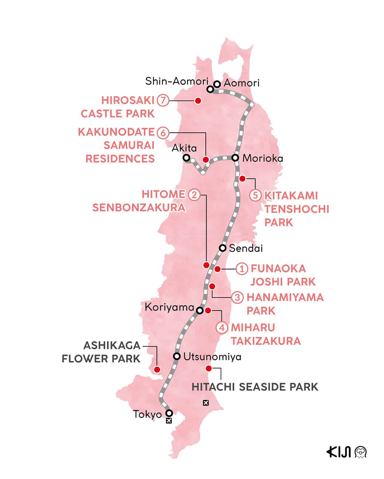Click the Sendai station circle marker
223,248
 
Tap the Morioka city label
262,158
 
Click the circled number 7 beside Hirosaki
163,100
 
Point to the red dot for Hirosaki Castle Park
198,101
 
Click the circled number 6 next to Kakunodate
163,132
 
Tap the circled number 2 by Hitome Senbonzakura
194,195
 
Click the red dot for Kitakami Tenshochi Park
242,179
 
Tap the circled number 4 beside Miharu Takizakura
222,327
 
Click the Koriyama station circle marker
199,311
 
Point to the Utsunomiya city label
212,357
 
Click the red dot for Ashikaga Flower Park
157,369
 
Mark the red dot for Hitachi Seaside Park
208,368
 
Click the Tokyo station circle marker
169,413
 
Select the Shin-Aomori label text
176,81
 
